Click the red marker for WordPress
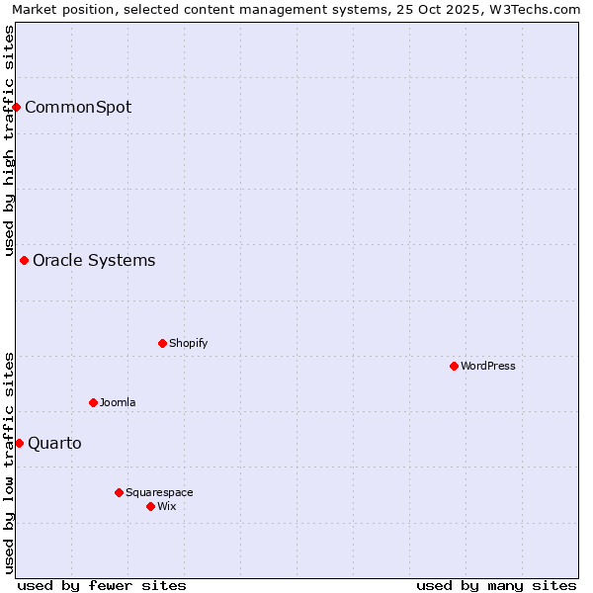454,366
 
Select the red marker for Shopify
162,343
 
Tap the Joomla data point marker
93,402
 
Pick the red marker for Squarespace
119,492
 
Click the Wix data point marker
150,506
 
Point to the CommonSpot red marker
17,107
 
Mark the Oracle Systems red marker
25,260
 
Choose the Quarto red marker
19,443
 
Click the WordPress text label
488,366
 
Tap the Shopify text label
188,343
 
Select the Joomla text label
118,402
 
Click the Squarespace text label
159,492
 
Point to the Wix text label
166,506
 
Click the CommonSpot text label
78,107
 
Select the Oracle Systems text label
94,260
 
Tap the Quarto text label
54,443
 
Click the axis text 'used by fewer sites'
102,585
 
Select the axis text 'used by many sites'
496,585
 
